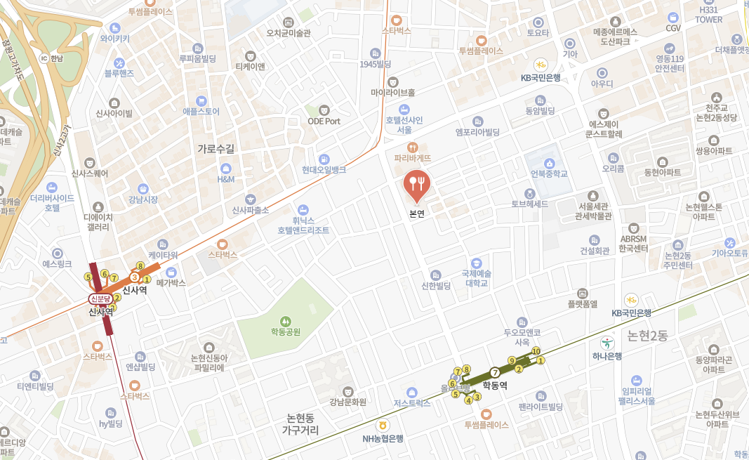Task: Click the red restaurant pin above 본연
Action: tap(418, 184)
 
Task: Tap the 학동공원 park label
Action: tap(286, 331)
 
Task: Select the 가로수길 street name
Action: tap(216, 148)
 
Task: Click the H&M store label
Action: tap(226, 179)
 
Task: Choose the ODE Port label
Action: tap(324, 121)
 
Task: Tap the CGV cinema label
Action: tap(673, 28)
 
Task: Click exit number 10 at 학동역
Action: tap(536, 351)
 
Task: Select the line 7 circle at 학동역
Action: tap(495, 372)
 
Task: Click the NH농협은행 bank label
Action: tap(383, 438)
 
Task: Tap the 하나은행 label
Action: tap(606, 355)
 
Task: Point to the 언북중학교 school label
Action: tap(548, 173)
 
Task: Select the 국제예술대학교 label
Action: tap(477, 278)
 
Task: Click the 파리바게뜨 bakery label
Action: tap(413, 158)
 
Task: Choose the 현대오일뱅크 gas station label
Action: tap(324, 170)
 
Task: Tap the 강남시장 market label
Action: tap(143, 199)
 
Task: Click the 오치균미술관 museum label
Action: tap(289, 33)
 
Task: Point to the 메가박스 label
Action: tap(171, 282)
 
